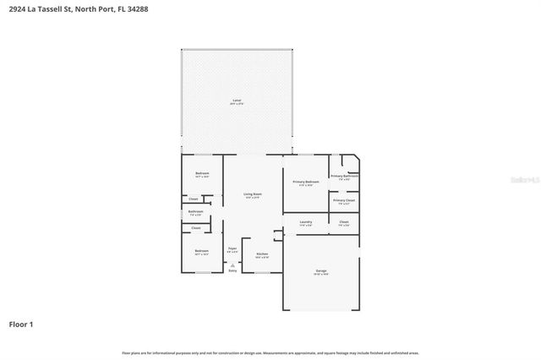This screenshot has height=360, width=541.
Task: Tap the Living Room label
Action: pos(252,195)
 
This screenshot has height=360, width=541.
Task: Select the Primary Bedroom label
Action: pos(305,182)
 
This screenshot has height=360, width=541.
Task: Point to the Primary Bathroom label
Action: pos(344,177)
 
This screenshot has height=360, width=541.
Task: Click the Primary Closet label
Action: pos(344,201)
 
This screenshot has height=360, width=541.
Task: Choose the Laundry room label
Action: pos(305,222)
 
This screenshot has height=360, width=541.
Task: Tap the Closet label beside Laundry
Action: pos(344,222)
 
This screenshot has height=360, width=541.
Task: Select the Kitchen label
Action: pos(262,254)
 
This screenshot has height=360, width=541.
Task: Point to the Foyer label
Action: pos(232,249)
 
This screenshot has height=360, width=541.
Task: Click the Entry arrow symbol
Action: pos(232,265)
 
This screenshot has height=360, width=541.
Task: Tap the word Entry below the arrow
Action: pos(232,270)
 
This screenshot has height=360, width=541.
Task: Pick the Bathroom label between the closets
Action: pos(195,212)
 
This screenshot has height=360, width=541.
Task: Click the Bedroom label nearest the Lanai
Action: pos(202,174)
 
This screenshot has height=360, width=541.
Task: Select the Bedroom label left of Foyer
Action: pos(201,251)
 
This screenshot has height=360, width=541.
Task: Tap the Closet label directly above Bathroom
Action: pos(194,199)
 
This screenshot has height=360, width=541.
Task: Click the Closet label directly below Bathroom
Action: pos(195,228)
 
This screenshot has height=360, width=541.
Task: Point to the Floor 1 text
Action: pos(21,325)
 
